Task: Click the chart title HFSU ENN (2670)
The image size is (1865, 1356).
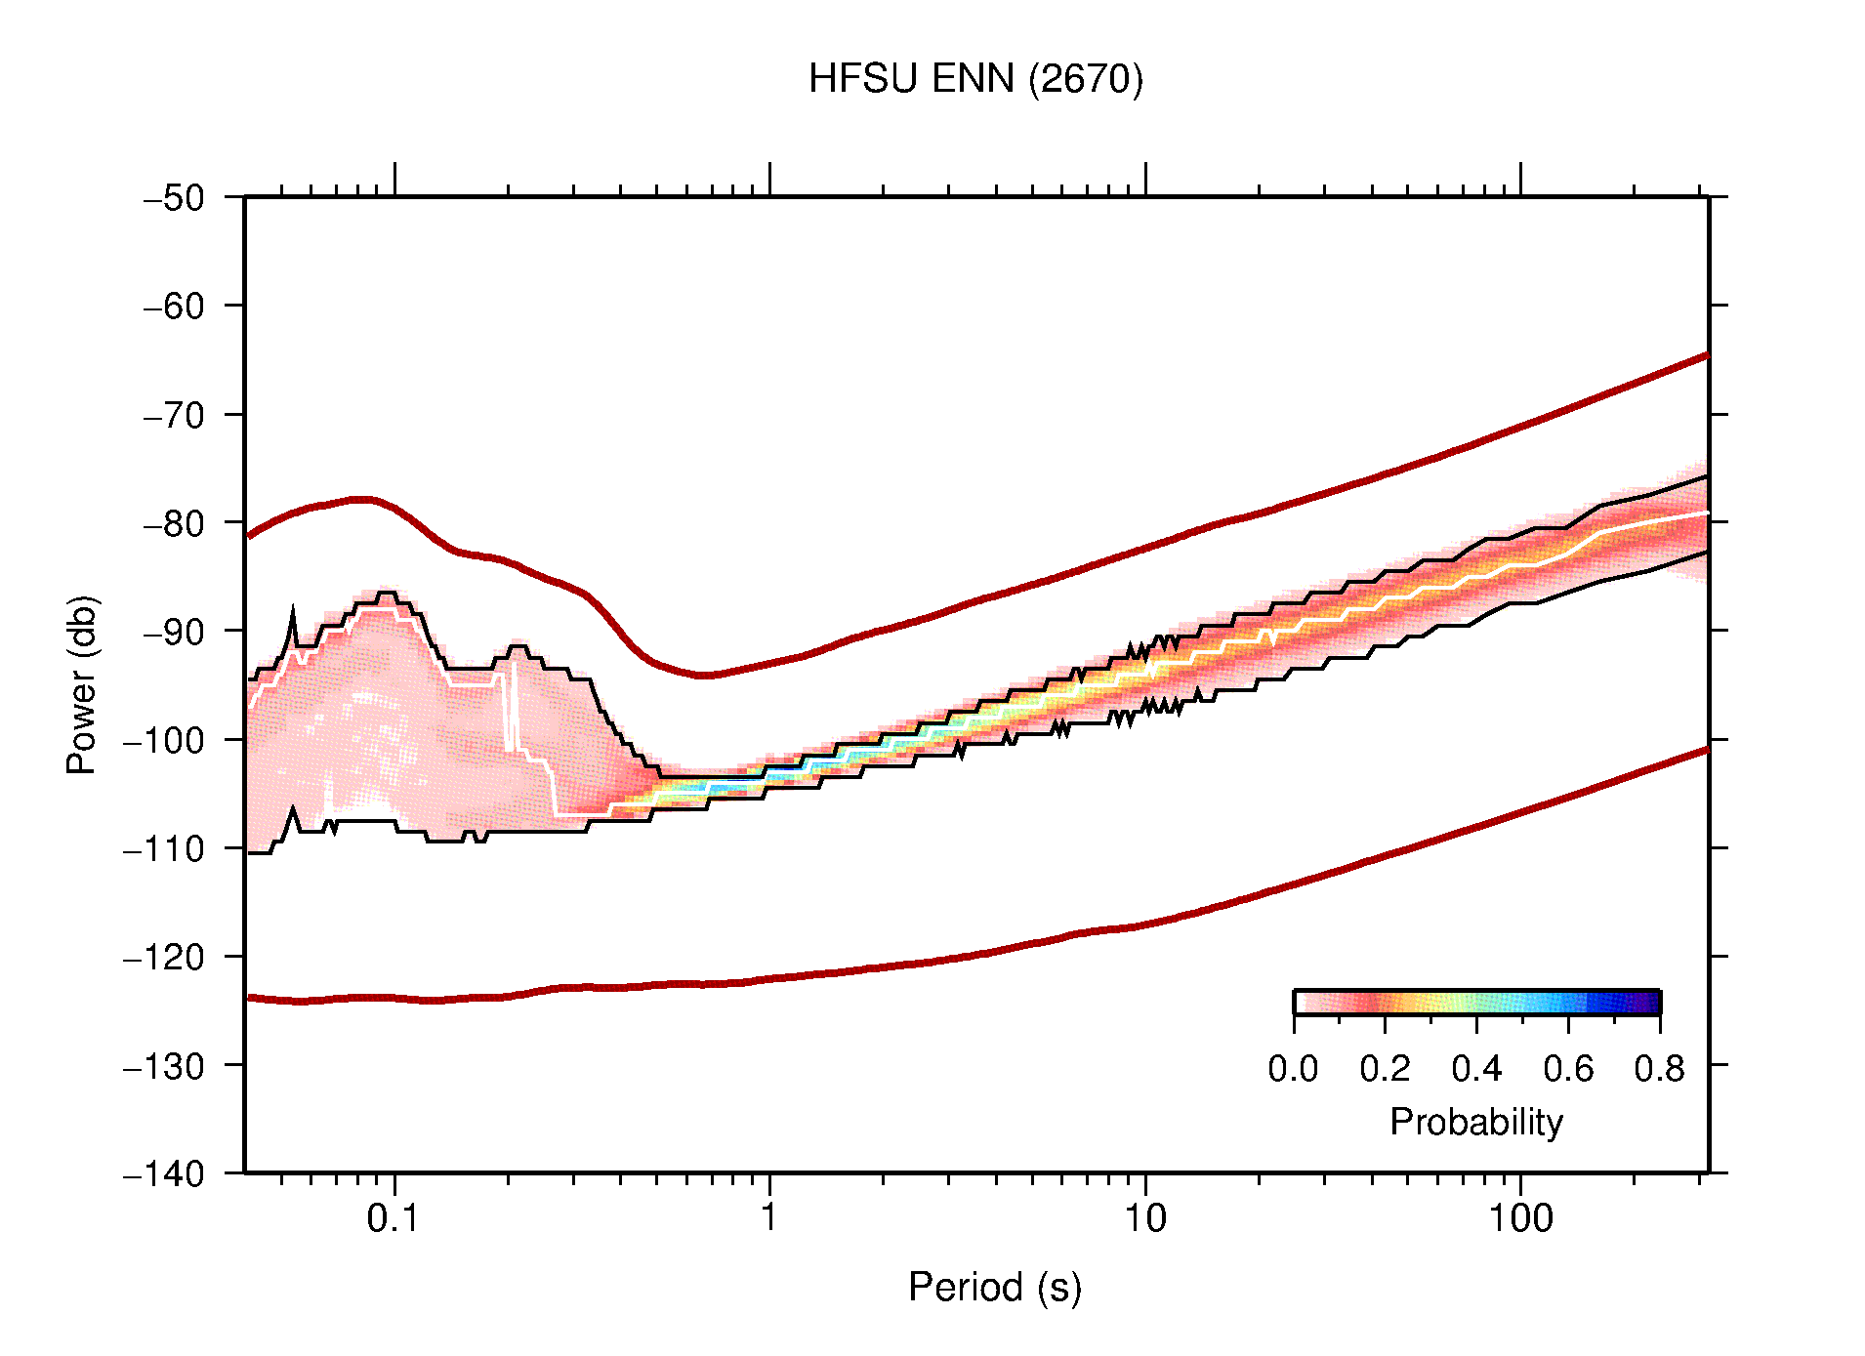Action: (974, 79)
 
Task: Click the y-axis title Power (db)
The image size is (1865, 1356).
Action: (82, 684)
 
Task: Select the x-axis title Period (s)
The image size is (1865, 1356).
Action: (994, 1288)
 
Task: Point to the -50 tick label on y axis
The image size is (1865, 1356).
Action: (174, 198)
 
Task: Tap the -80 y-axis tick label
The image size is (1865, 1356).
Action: (174, 523)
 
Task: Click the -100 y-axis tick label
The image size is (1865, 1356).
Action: (164, 740)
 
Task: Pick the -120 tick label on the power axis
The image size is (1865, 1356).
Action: (164, 957)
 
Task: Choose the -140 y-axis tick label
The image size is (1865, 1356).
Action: (164, 1173)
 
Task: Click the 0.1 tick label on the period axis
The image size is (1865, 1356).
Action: (394, 1218)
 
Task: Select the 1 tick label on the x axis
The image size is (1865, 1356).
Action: (769, 1218)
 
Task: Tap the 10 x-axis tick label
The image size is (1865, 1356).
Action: (1144, 1218)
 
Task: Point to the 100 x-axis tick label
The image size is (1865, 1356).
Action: (1520, 1218)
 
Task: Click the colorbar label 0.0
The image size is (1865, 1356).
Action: (1293, 1069)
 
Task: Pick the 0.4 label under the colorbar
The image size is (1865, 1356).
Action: (1476, 1069)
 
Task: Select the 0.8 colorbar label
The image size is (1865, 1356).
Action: (1659, 1069)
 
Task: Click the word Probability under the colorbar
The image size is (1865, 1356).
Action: (1475, 1122)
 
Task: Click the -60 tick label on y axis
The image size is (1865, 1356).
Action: (174, 307)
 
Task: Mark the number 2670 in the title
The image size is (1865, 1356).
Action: (1085, 79)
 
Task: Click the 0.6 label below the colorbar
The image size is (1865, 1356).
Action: (1568, 1069)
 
